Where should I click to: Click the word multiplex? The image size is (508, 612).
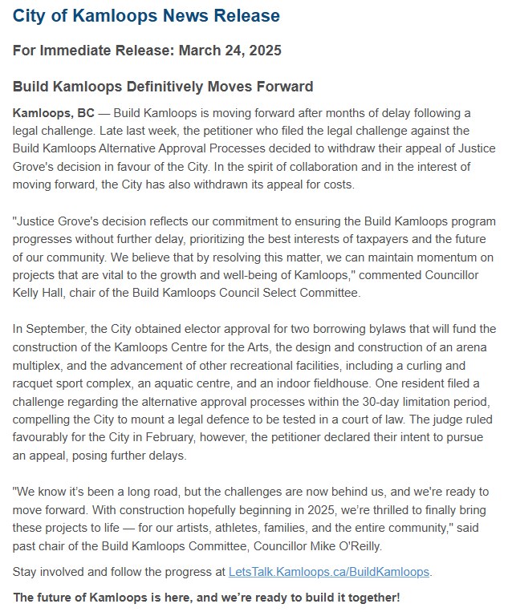(x=40, y=365)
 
